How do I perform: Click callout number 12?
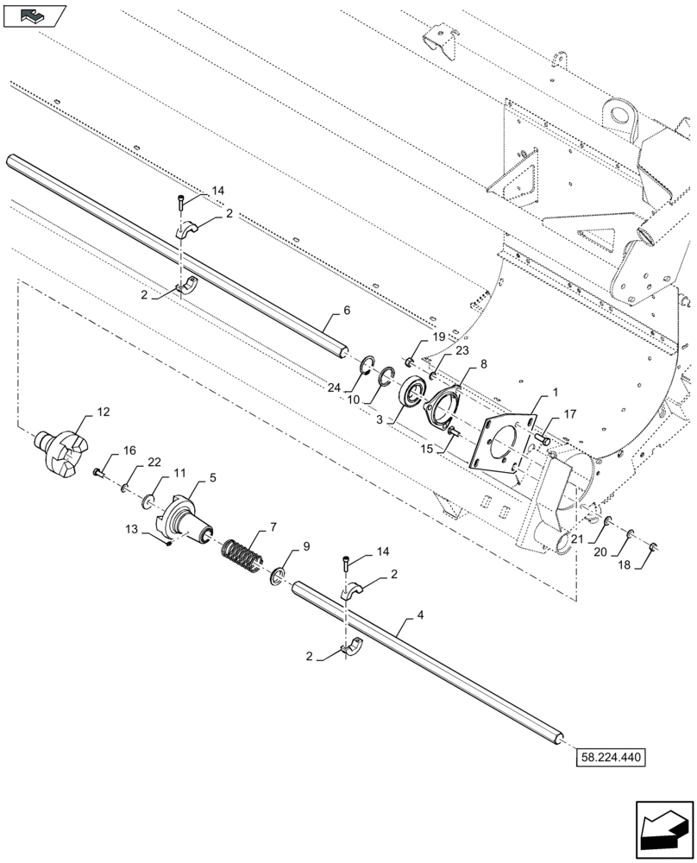pyautogui.click(x=103, y=413)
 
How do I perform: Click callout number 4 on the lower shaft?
pyautogui.click(x=419, y=615)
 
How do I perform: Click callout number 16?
pyautogui.click(x=129, y=450)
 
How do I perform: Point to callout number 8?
pyautogui.click(x=483, y=365)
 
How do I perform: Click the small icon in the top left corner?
pyautogui.click(x=35, y=14)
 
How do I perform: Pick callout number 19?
pyautogui.click(x=438, y=337)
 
